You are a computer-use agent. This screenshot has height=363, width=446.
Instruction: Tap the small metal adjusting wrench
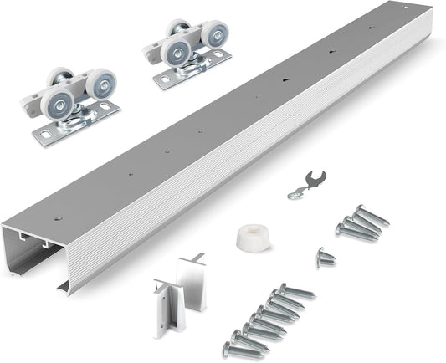pos(305,183)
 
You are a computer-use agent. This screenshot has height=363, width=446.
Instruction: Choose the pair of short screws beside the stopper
pos(325,257)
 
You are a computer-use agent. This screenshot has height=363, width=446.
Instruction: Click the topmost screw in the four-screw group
pos(370,216)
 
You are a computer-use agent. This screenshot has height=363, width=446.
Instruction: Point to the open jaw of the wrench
pos(317,176)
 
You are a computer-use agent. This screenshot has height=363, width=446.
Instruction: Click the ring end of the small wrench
pos(293,194)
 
